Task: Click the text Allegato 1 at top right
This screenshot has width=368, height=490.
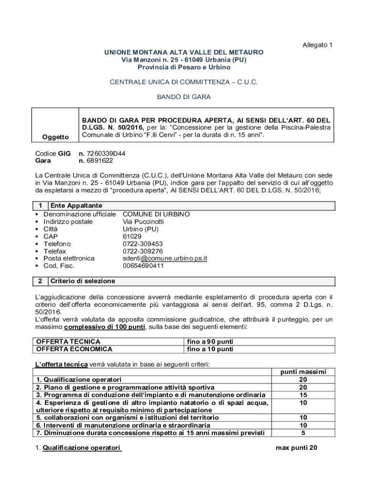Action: (x=317, y=45)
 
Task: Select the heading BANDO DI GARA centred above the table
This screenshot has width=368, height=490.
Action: (x=184, y=97)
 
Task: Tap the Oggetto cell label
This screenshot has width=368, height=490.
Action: (x=55, y=137)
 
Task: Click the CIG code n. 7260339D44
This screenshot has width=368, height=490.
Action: (x=102, y=154)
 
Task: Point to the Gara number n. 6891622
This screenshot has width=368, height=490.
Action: (x=96, y=161)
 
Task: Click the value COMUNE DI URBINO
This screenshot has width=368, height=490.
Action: (x=156, y=214)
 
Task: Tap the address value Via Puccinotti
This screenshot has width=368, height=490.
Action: (x=143, y=222)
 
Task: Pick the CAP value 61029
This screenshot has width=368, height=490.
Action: (x=132, y=236)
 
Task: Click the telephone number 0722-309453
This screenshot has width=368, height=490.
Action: (x=143, y=244)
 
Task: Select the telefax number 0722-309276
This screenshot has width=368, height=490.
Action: (x=143, y=251)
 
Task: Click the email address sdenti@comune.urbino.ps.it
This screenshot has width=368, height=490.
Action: (x=165, y=258)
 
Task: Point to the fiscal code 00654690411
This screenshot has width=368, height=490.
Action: (x=143, y=266)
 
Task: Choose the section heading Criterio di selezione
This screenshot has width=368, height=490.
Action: (x=83, y=281)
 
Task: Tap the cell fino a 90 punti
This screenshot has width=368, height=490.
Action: (x=210, y=342)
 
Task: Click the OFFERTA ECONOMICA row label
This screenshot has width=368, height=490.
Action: (x=74, y=349)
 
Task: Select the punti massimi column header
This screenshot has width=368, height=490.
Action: (x=303, y=371)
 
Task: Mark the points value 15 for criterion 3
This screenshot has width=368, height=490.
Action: (x=303, y=395)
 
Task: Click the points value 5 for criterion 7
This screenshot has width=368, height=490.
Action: (x=303, y=433)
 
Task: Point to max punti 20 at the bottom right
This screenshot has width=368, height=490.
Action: (x=296, y=448)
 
